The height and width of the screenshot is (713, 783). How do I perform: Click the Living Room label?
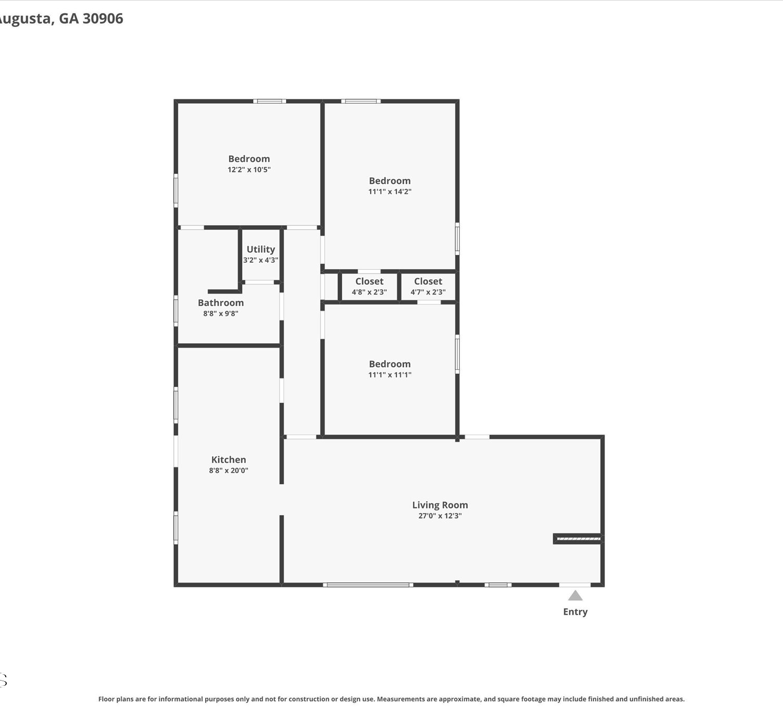click(x=440, y=505)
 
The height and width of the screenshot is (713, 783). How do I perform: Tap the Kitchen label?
click(x=228, y=460)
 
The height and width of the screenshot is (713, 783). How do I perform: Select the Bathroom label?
click(x=220, y=302)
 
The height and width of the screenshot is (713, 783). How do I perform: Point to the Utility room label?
click(x=261, y=249)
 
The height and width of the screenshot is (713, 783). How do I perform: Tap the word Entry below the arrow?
click(x=575, y=612)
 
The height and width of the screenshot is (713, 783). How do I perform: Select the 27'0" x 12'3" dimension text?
click(x=440, y=516)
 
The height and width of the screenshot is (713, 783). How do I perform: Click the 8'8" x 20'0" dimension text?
click(x=228, y=471)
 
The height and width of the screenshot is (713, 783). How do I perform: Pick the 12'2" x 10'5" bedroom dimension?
click(x=249, y=170)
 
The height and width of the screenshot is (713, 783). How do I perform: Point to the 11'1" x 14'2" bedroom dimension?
click(x=389, y=191)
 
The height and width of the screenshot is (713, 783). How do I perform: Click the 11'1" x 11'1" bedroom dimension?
click(x=389, y=375)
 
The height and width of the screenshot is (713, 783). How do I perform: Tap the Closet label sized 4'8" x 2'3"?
click(x=369, y=282)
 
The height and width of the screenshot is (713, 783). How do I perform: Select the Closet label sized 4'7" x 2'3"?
click(x=428, y=282)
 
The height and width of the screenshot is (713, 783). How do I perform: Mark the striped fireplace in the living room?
click(x=578, y=539)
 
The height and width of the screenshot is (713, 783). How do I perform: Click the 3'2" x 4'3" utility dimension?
click(x=261, y=260)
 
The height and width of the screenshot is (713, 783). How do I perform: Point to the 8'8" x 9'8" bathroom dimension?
click(x=220, y=313)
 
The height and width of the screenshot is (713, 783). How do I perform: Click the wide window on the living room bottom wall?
click(x=368, y=585)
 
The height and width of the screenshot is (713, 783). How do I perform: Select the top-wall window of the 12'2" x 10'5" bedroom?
click(x=269, y=101)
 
